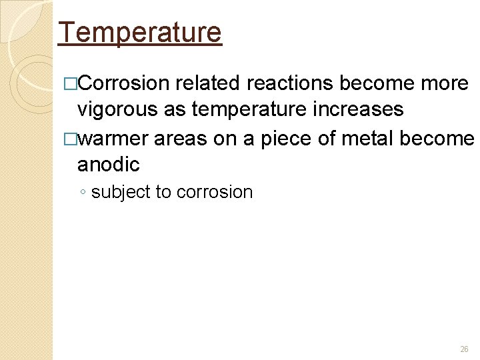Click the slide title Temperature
coord(140,32)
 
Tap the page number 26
coord(464,349)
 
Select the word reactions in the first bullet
coord(290,83)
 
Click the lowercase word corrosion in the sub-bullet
coord(215,193)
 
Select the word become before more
coord(375,83)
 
